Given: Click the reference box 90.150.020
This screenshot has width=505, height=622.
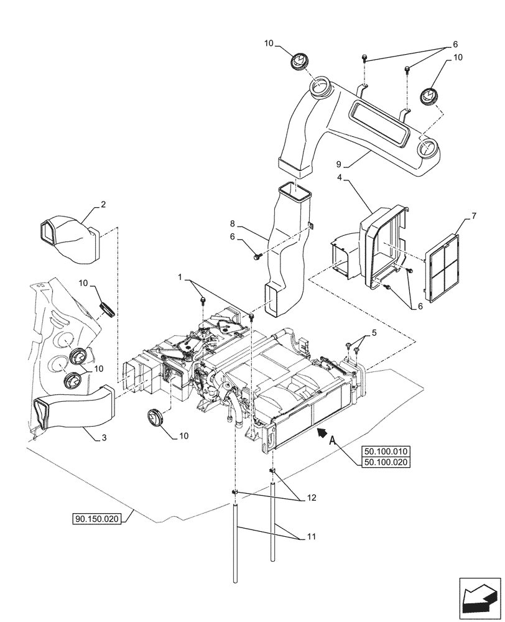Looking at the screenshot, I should (99, 518).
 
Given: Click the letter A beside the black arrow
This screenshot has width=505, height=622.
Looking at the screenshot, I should (333, 440).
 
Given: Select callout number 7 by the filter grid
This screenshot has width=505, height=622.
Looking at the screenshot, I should (473, 216).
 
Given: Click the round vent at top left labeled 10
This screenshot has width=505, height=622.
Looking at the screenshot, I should (299, 63).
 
